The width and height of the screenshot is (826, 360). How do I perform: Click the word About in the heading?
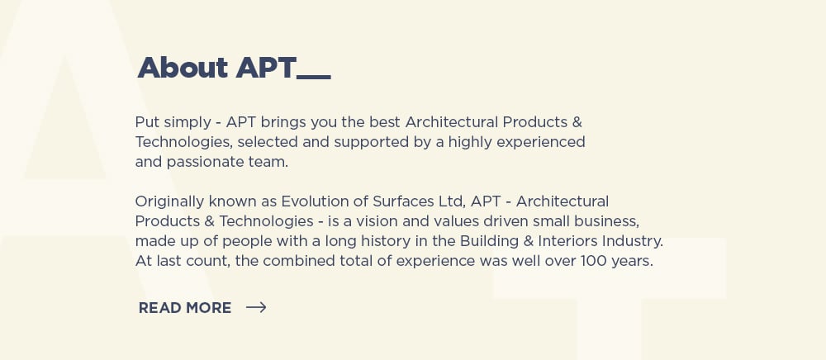[183, 68]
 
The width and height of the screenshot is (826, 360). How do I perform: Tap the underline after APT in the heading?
[314, 78]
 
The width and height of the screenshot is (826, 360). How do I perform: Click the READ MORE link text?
[185, 308]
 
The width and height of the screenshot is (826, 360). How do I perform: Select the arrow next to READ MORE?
[256, 307]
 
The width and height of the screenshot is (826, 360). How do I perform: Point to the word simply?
[187, 123]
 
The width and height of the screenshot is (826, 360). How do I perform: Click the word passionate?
[206, 163]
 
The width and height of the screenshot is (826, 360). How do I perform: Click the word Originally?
[170, 202]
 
